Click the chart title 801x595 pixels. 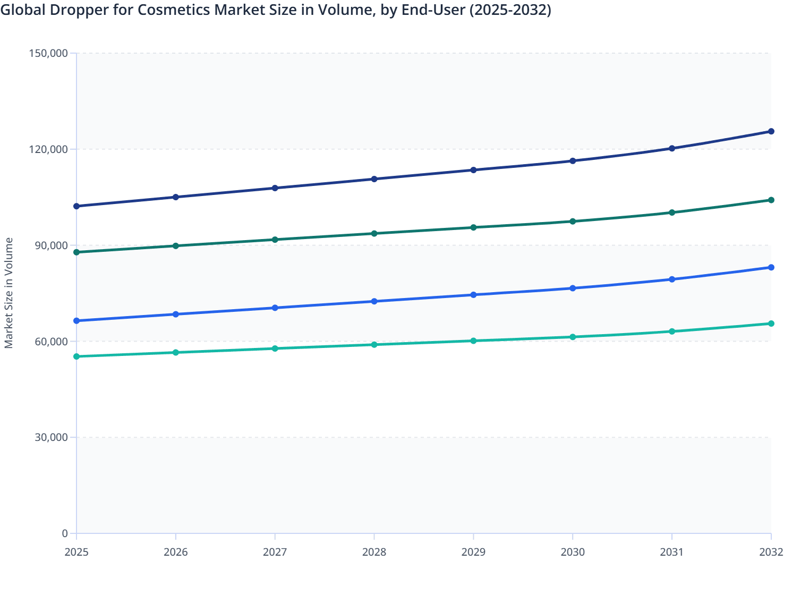pos(276,10)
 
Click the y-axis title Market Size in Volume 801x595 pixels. pos(8,293)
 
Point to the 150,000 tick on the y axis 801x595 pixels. pos(47,53)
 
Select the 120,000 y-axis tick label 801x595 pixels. pos(47,149)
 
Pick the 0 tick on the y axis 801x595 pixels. pos(65,533)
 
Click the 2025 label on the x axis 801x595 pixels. pos(76,552)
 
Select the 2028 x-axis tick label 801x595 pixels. pos(374,552)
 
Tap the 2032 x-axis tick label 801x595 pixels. pos(771,552)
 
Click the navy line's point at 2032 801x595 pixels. pos(771,131)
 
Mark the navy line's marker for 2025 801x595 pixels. pos(76,206)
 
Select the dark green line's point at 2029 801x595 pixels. pos(473,227)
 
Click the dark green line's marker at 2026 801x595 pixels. pos(176,246)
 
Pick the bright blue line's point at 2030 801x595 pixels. pos(573,288)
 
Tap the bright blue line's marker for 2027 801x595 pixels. pos(275,308)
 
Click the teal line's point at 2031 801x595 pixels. pos(672,331)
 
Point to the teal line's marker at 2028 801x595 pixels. pos(374,345)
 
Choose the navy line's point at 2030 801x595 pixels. pos(573,161)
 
